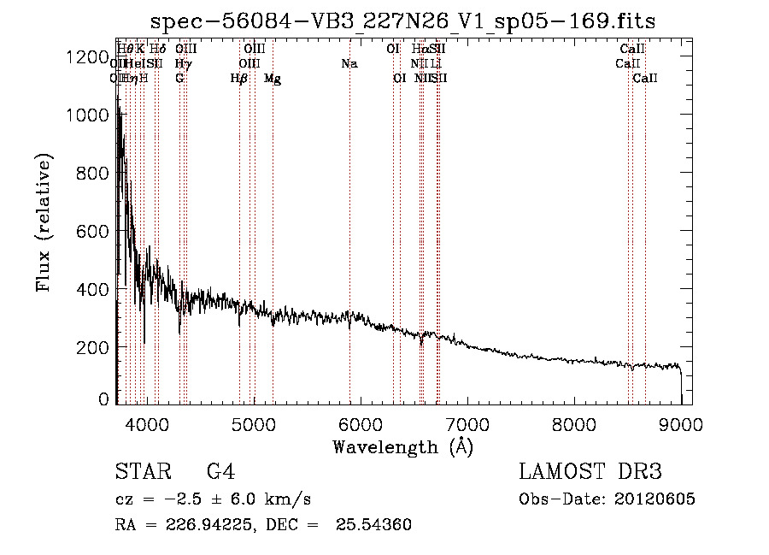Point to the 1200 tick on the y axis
(85, 57)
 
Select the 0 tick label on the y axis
(103, 399)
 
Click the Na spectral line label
(349, 64)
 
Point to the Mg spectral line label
(273, 79)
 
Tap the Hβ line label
(239, 79)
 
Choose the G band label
(179, 79)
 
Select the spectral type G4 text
(221, 472)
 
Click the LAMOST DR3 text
(590, 472)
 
